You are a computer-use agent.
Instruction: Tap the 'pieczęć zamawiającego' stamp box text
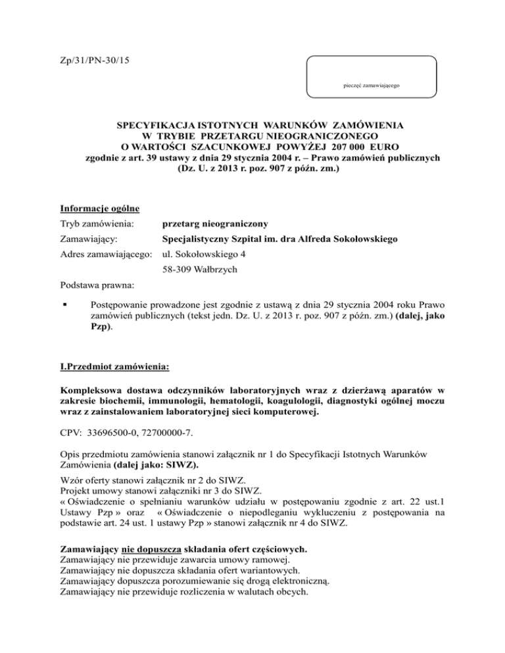click(372, 85)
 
